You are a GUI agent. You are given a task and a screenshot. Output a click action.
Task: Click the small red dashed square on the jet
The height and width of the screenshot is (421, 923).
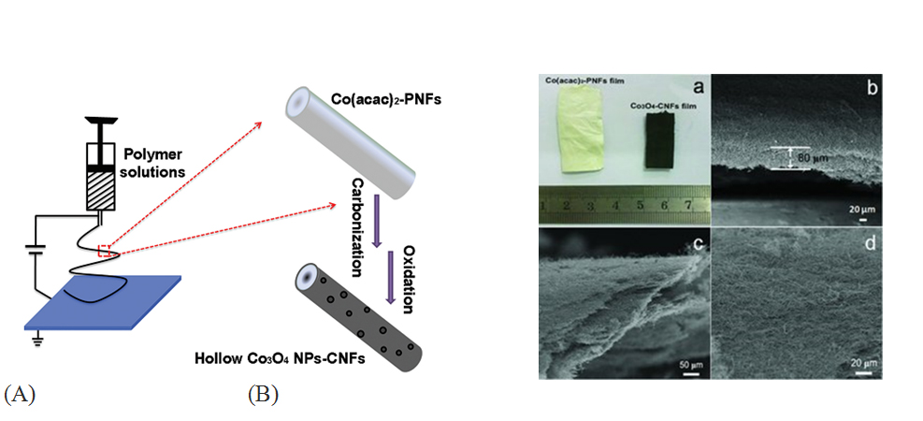click(x=105, y=249)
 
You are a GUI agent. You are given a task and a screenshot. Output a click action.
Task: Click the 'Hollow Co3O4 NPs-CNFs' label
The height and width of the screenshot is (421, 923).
click(x=271, y=357)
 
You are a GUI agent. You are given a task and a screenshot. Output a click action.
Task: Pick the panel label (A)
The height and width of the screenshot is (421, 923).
click(x=22, y=394)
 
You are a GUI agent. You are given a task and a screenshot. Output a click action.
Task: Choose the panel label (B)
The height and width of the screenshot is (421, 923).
click(x=263, y=394)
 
